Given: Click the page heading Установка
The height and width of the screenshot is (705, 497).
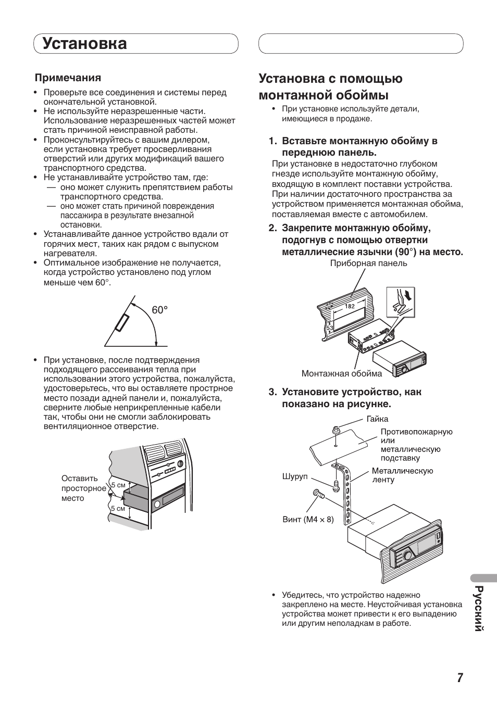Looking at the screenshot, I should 85,44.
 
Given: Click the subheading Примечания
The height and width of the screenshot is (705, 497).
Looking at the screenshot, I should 68,78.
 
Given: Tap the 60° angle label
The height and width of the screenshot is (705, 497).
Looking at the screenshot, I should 160,310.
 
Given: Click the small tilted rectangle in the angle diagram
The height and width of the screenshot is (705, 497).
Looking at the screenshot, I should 122,323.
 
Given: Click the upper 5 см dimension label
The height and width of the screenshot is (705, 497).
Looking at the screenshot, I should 119,485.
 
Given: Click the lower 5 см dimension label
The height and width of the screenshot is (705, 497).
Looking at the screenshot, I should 118,508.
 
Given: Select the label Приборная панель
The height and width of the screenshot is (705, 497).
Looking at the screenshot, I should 368,263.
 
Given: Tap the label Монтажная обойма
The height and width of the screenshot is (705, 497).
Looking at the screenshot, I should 341,373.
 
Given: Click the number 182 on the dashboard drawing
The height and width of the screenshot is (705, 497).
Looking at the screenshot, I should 350,306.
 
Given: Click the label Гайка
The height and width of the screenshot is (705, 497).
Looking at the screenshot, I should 377,419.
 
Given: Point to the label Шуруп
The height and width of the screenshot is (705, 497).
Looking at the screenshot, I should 295,477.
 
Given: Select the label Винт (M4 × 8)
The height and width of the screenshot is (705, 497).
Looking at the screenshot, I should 308,519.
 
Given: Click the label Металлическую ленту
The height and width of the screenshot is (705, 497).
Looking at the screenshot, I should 402,475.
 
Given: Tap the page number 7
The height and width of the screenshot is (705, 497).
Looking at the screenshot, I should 460,677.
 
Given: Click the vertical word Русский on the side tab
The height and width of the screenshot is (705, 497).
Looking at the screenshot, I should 479,609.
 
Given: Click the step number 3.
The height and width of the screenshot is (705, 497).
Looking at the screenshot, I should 272,392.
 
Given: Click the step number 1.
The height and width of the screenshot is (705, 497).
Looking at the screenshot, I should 272,141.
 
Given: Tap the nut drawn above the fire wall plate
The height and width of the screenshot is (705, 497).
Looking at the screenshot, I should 336,431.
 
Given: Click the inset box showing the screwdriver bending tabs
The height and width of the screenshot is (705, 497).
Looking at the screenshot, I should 400,301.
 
